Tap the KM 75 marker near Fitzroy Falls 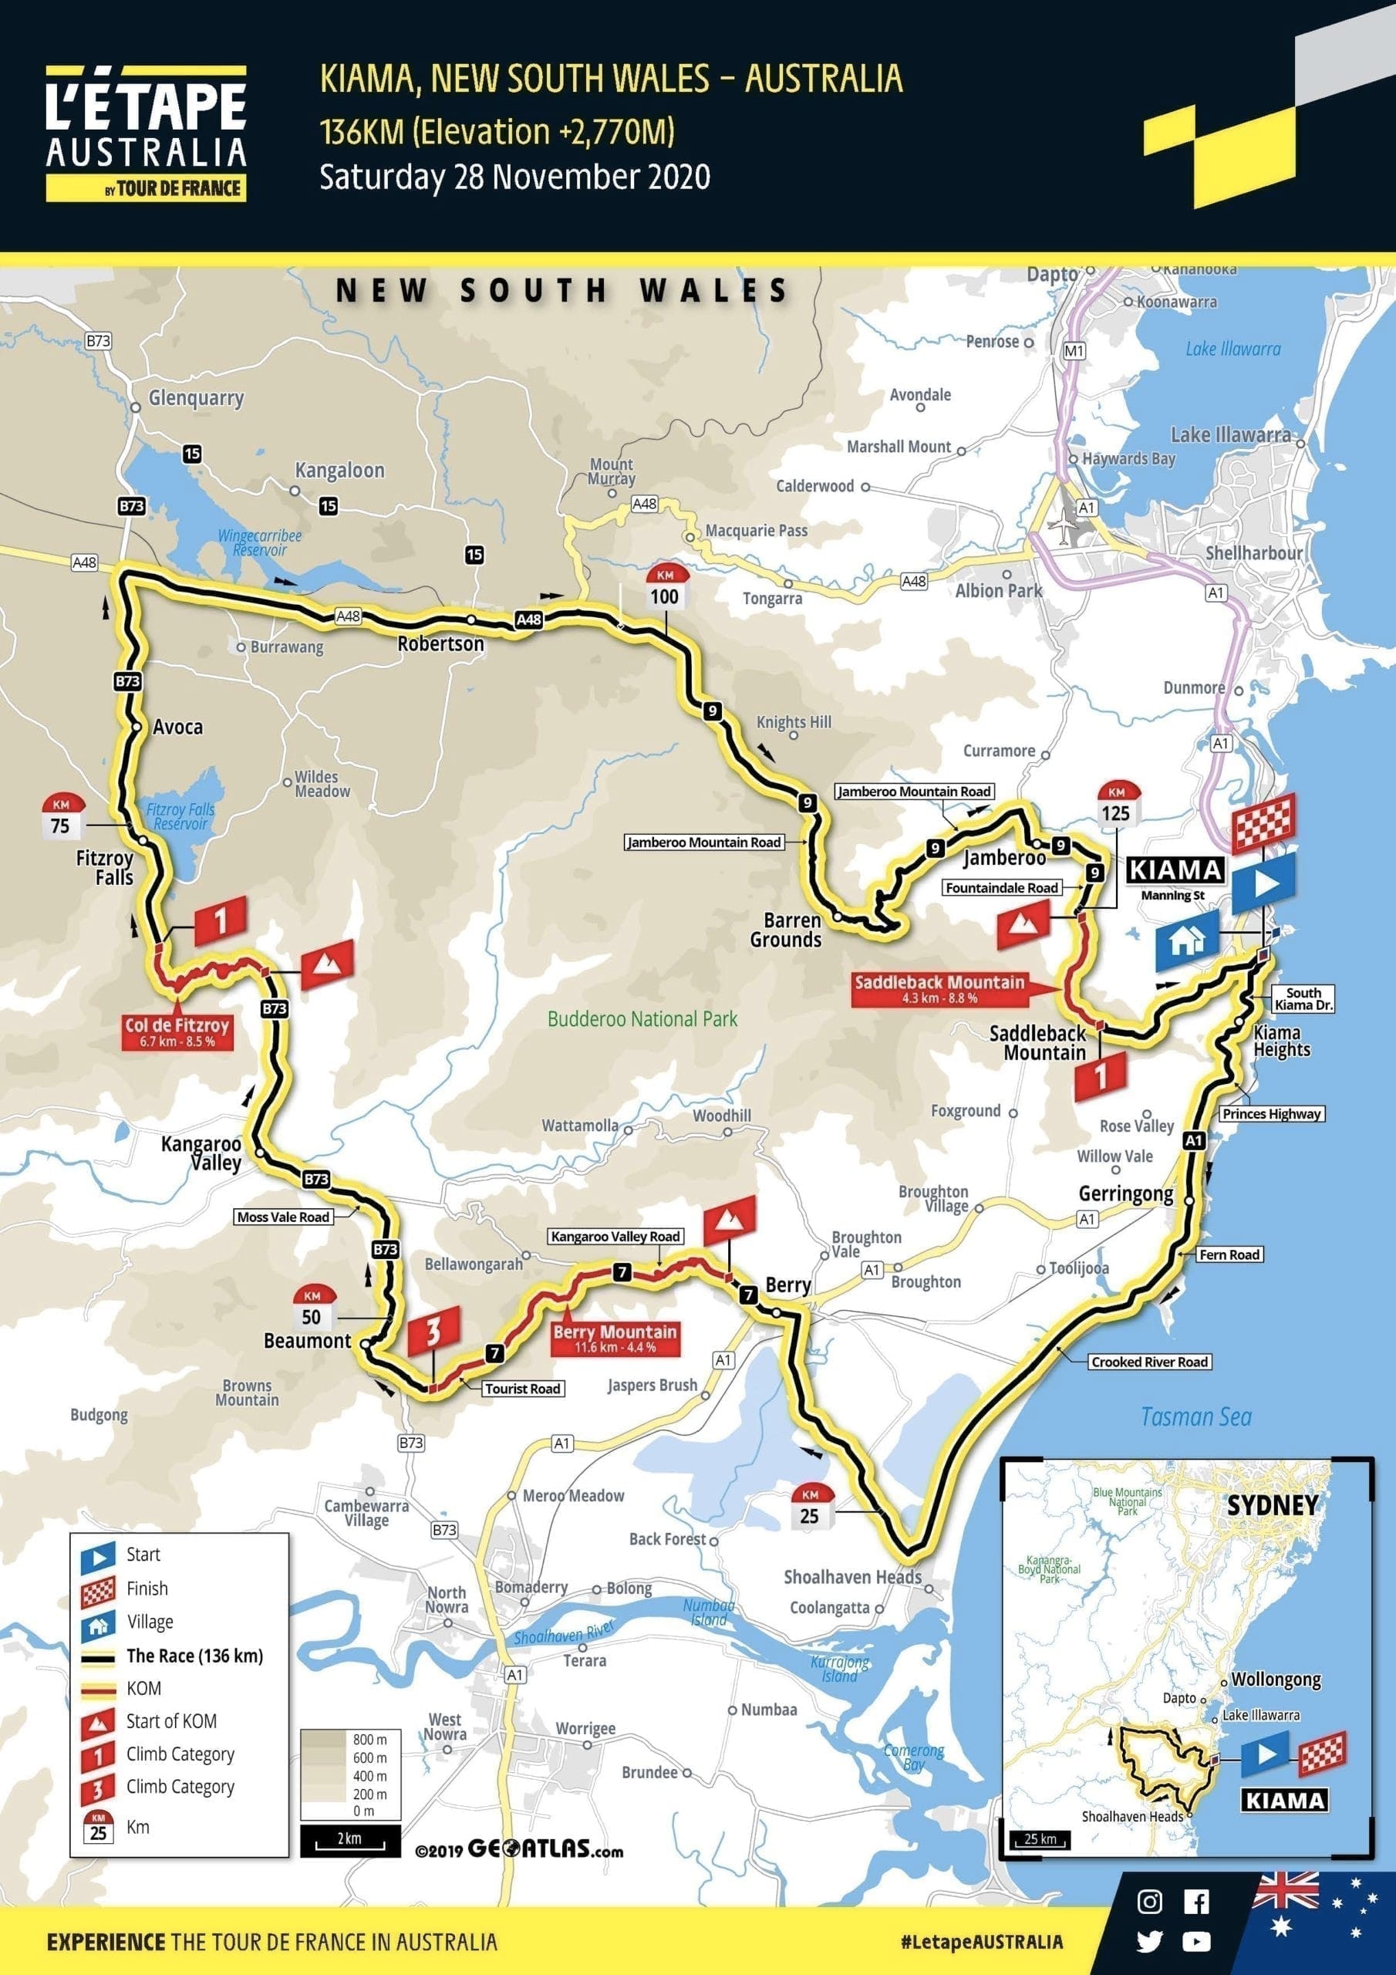(60, 816)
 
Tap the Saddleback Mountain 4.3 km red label (939, 988)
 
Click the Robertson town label (440, 643)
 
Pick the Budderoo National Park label (642, 1019)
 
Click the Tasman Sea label (1195, 1416)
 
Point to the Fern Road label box (1229, 1255)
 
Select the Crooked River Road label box (1149, 1362)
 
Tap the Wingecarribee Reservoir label (259, 542)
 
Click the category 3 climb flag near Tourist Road (433, 1330)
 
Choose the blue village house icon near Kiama (1186, 940)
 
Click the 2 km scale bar (350, 1839)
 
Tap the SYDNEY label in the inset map (1271, 1505)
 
